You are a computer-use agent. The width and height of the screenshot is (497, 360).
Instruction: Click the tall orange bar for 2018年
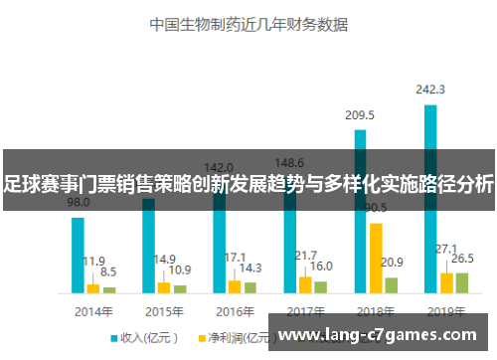[x=376, y=258]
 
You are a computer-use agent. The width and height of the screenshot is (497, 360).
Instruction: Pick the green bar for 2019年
[x=461, y=282]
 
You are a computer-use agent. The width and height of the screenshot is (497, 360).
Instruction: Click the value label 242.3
[x=430, y=90]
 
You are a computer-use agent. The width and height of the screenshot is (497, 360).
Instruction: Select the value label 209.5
[x=360, y=116]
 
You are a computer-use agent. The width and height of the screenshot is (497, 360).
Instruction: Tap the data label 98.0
[x=79, y=202]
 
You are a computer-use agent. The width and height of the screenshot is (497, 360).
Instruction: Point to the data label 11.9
[x=93, y=261]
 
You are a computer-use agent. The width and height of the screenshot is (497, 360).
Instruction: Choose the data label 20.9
[x=392, y=263]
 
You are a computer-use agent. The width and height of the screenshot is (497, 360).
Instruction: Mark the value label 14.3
[x=251, y=269]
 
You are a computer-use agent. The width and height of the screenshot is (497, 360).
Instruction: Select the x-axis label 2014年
[x=93, y=310]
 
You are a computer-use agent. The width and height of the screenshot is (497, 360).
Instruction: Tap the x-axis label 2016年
[x=235, y=310]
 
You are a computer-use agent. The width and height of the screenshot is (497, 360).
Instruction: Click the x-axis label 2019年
[x=446, y=310]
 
